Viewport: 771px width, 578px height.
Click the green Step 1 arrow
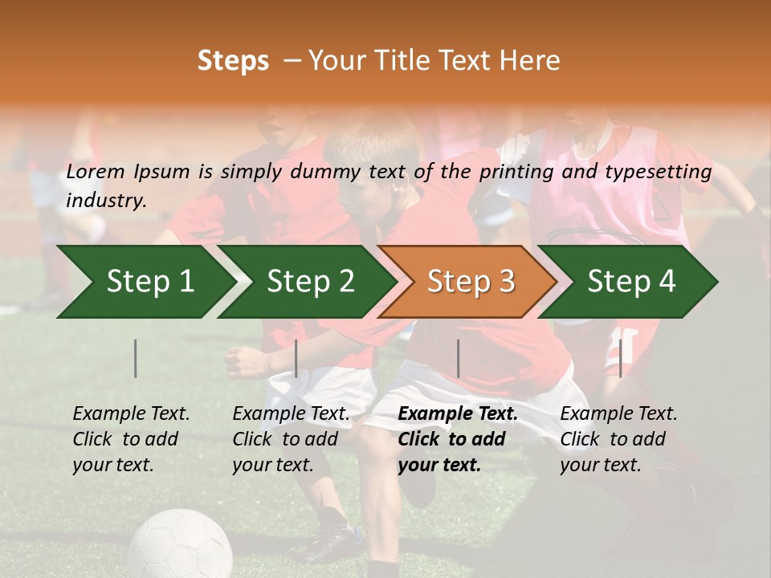(x=145, y=282)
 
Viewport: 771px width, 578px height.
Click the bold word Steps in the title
(x=233, y=61)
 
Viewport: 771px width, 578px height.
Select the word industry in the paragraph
(x=106, y=200)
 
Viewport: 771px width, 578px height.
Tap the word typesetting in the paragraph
(x=658, y=171)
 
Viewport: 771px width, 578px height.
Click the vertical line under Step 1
(x=136, y=358)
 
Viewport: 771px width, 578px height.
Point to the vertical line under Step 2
(x=296, y=358)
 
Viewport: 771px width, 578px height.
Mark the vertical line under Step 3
(x=459, y=358)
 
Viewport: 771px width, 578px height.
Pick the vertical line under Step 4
(x=620, y=358)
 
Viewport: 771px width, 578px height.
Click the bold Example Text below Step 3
(x=458, y=414)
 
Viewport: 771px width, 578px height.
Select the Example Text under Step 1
(x=132, y=414)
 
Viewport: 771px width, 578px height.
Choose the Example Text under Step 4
(x=618, y=414)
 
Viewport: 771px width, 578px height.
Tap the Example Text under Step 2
(x=292, y=414)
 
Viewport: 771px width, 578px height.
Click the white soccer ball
(x=180, y=546)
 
